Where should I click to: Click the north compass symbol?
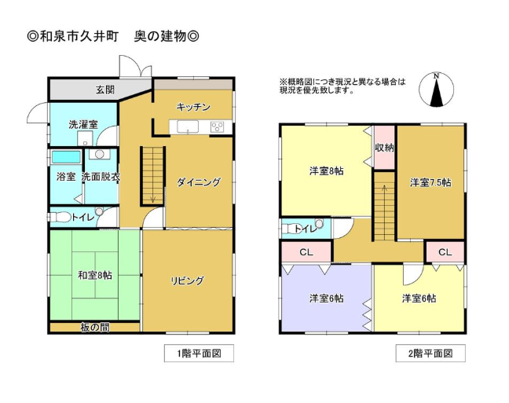click(x=436, y=90)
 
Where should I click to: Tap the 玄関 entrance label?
click(x=105, y=90)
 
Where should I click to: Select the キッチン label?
click(x=193, y=107)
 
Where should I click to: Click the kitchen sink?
click(x=188, y=126)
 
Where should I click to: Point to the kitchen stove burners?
click(x=217, y=126)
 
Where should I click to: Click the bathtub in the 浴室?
click(x=66, y=157)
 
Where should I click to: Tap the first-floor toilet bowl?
click(x=60, y=217)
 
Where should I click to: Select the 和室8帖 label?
click(x=95, y=276)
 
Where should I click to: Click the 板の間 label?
click(x=95, y=328)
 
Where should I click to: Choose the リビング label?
click(x=187, y=280)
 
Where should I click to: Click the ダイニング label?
click(x=199, y=182)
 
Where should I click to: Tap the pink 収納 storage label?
click(x=384, y=148)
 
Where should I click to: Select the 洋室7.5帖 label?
click(x=430, y=182)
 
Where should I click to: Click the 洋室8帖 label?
click(x=326, y=170)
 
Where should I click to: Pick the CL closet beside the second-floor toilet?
click(x=306, y=252)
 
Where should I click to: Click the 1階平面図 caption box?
click(x=199, y=353)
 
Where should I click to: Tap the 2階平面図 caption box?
click(x=430, y=353)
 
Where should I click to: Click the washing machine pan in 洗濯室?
click(x=85, y=139)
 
